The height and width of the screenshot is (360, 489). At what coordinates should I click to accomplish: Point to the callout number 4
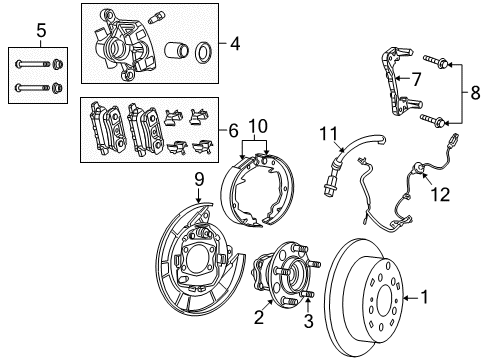(234, 43)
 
